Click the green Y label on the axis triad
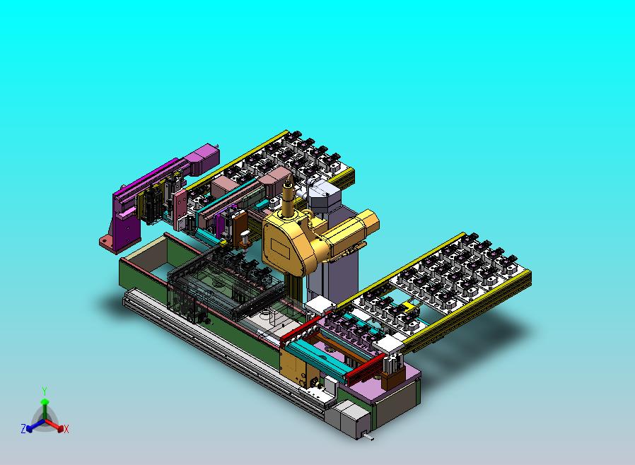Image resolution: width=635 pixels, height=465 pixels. pos(45,391)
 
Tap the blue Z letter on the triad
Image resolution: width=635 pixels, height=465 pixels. pos(23,428)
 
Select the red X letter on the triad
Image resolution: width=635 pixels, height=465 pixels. pos(66,429)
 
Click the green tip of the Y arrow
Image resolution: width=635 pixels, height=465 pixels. pos(45,401)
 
